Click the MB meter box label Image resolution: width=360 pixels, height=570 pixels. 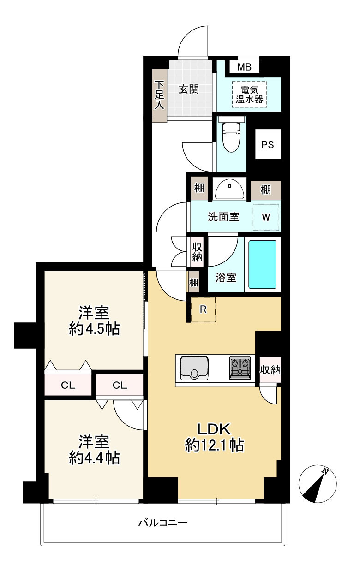[244, 67]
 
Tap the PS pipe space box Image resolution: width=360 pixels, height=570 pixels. [267, 145]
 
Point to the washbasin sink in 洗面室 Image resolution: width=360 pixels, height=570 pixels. [229, 190]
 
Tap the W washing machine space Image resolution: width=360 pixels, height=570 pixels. [266, 217]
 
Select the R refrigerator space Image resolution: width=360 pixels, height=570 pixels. [203, 309]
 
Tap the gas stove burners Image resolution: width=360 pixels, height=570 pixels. [240, 368]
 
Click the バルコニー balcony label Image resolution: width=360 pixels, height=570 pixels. [163, 523]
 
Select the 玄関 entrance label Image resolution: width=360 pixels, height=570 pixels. [189, 89]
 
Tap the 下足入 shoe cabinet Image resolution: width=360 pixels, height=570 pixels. [159, 95]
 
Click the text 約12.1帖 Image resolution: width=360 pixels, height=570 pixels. [214, 445]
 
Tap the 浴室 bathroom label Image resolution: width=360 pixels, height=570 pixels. [226, 278]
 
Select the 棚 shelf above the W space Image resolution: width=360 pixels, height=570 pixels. [265, 190]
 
